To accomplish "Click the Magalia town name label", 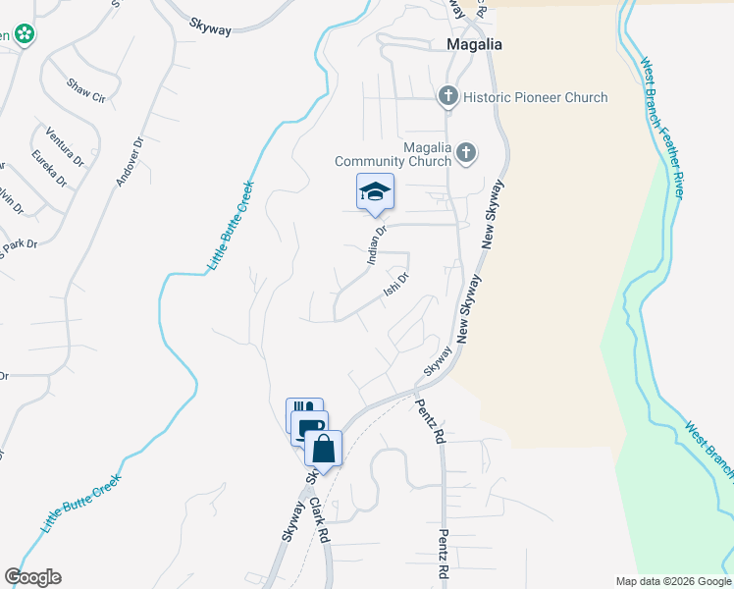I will (x=474, y=44).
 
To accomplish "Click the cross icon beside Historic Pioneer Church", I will (x=448, y=96).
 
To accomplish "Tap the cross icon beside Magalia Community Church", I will (x=466, y=152).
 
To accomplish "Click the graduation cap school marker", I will (x=375, y=192).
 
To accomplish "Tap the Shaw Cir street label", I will (x=85, y=90).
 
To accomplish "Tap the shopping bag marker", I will (x=323, y=449).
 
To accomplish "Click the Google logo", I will (x=32, y=577).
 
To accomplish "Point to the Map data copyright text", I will (x=673, y=581).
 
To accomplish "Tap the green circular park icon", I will (x=26, y=35).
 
